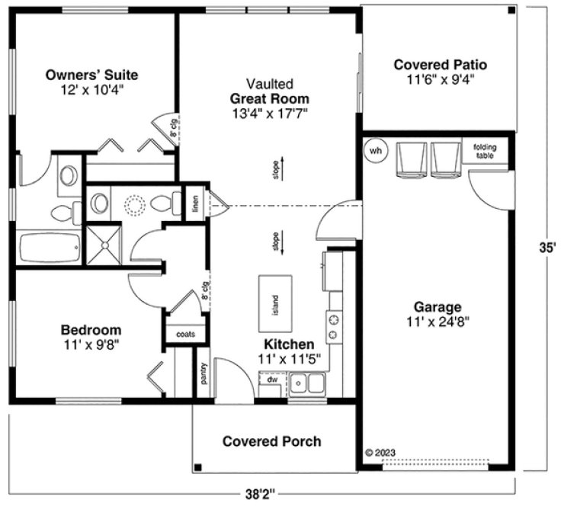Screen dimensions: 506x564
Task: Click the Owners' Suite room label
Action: coord(91,75)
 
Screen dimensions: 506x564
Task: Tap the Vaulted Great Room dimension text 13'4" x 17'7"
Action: coord(270,113)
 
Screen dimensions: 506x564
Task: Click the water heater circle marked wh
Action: coord(375,150)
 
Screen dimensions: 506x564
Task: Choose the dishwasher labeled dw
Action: coord(271,378)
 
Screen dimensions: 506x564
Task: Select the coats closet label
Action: coord(185,334)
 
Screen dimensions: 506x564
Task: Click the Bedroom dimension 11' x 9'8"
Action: coord(91,344)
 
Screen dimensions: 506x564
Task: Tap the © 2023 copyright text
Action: coord(380,452)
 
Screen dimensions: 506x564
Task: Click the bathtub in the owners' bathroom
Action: coord(49,247)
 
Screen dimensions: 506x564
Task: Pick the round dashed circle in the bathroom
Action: coord(135,204)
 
